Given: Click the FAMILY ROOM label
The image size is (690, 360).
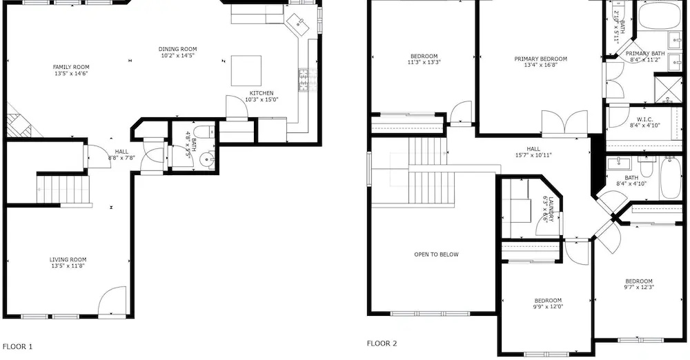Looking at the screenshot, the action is tap(71, 67).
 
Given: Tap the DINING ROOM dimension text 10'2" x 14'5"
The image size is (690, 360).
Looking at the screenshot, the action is tap(177, 55).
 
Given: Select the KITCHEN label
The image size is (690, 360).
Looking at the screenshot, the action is tap(262, 93).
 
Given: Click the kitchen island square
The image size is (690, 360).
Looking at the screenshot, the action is tap(246, 70).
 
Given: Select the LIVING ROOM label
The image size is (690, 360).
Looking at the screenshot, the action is tap(68, 260).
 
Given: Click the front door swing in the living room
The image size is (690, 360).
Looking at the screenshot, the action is tap(112, 301).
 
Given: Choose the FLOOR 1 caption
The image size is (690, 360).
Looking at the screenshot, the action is tap(18, 346).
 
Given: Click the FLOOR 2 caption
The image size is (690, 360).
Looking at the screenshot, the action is tap(382, 343).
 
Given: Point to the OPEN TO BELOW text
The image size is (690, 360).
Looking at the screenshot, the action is tap(436, 254).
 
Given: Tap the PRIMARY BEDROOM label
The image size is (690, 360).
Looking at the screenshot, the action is tap(541, 59).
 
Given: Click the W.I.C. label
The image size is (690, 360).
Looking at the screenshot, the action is tap(644, 119).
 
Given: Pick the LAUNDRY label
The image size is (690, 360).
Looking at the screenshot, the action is tap(550, 208).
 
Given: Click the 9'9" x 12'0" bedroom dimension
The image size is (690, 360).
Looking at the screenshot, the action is tap(549, 307).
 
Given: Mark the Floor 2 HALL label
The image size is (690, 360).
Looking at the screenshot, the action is tap(533, 149).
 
